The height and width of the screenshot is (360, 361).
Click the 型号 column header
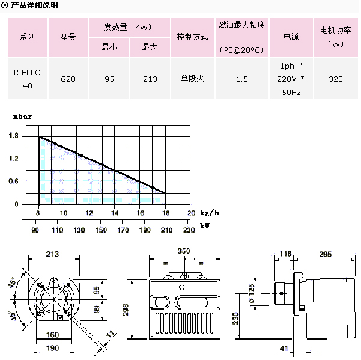click(x=68, y=37)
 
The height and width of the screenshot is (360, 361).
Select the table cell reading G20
click(x=68, y=79)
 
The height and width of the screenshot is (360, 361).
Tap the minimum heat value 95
click(x=109, y=79)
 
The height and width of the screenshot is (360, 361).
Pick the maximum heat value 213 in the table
click(x=150, y=79)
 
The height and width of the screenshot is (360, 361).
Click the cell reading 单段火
click(x=192, y=79)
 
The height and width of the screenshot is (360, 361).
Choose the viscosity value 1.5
click(x=242, y=79)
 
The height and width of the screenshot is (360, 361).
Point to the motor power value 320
click(x=337, y=79)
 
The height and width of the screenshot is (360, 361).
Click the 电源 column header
click(x=291, y=37)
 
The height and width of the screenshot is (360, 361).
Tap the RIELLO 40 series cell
click(x=28, y=79)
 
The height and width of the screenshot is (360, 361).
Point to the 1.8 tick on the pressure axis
click(x=13, y=137)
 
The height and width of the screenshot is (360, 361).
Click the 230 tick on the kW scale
click(x=189, y=230)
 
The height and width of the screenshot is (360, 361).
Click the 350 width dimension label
click(x=184, y=251)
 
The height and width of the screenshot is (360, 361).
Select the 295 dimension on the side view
click(x=325, y=254)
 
